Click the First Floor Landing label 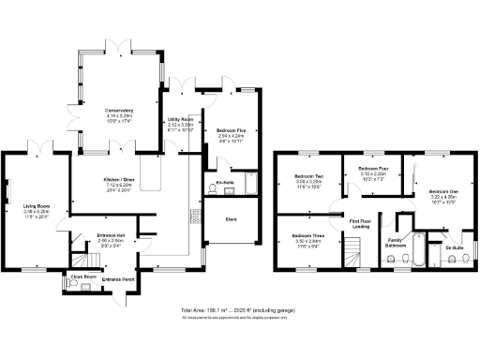click(360, 223)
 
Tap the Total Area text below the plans click(239, 310)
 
